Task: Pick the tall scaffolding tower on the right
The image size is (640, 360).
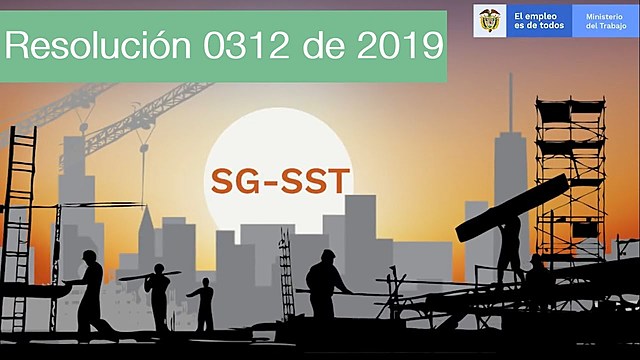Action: point(570,170)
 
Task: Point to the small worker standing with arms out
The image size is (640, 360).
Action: point(204,303)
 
